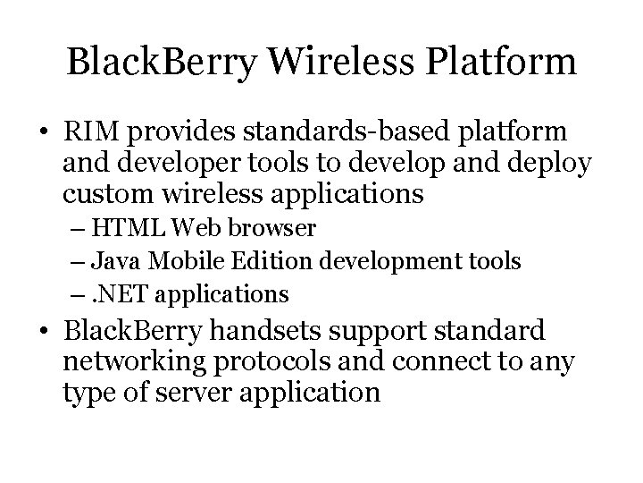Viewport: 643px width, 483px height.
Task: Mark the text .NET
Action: (121, 293)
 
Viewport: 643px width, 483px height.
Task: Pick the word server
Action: (203, 392)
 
